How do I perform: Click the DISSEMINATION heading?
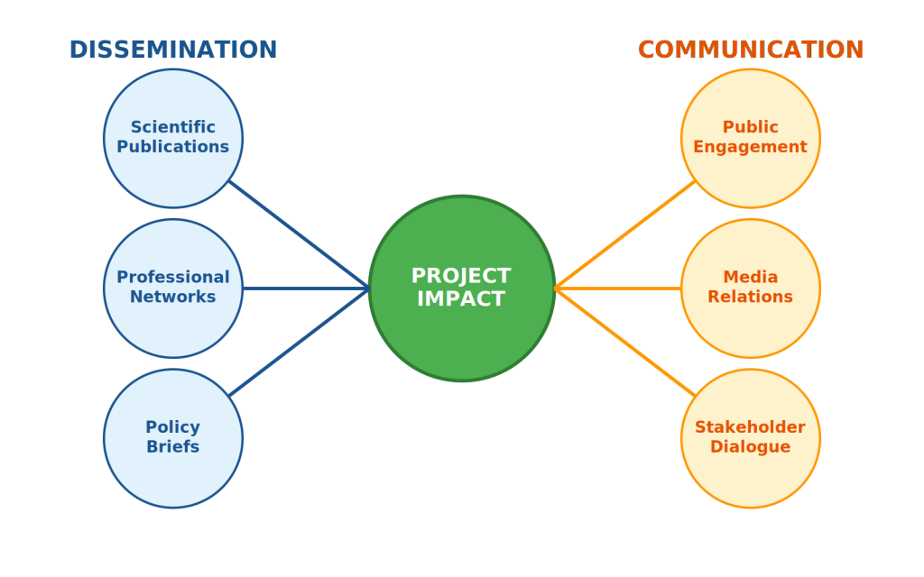click(173, 50)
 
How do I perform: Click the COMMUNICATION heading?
click(751, 50)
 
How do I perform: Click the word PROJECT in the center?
click(461, 276)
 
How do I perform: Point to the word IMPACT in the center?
click(461, 299)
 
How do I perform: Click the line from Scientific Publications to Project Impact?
click(300, 235)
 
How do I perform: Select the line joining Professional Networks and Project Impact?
click(307, 288)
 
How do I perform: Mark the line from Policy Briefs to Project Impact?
click(300, 342)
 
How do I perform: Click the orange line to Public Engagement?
click(624, 235)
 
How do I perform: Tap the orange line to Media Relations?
click(617, 288)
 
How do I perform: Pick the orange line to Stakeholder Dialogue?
click(624, 342)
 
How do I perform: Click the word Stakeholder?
click(750, 427)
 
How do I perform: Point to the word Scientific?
click(173, 127)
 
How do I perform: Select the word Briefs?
click(173, 447)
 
